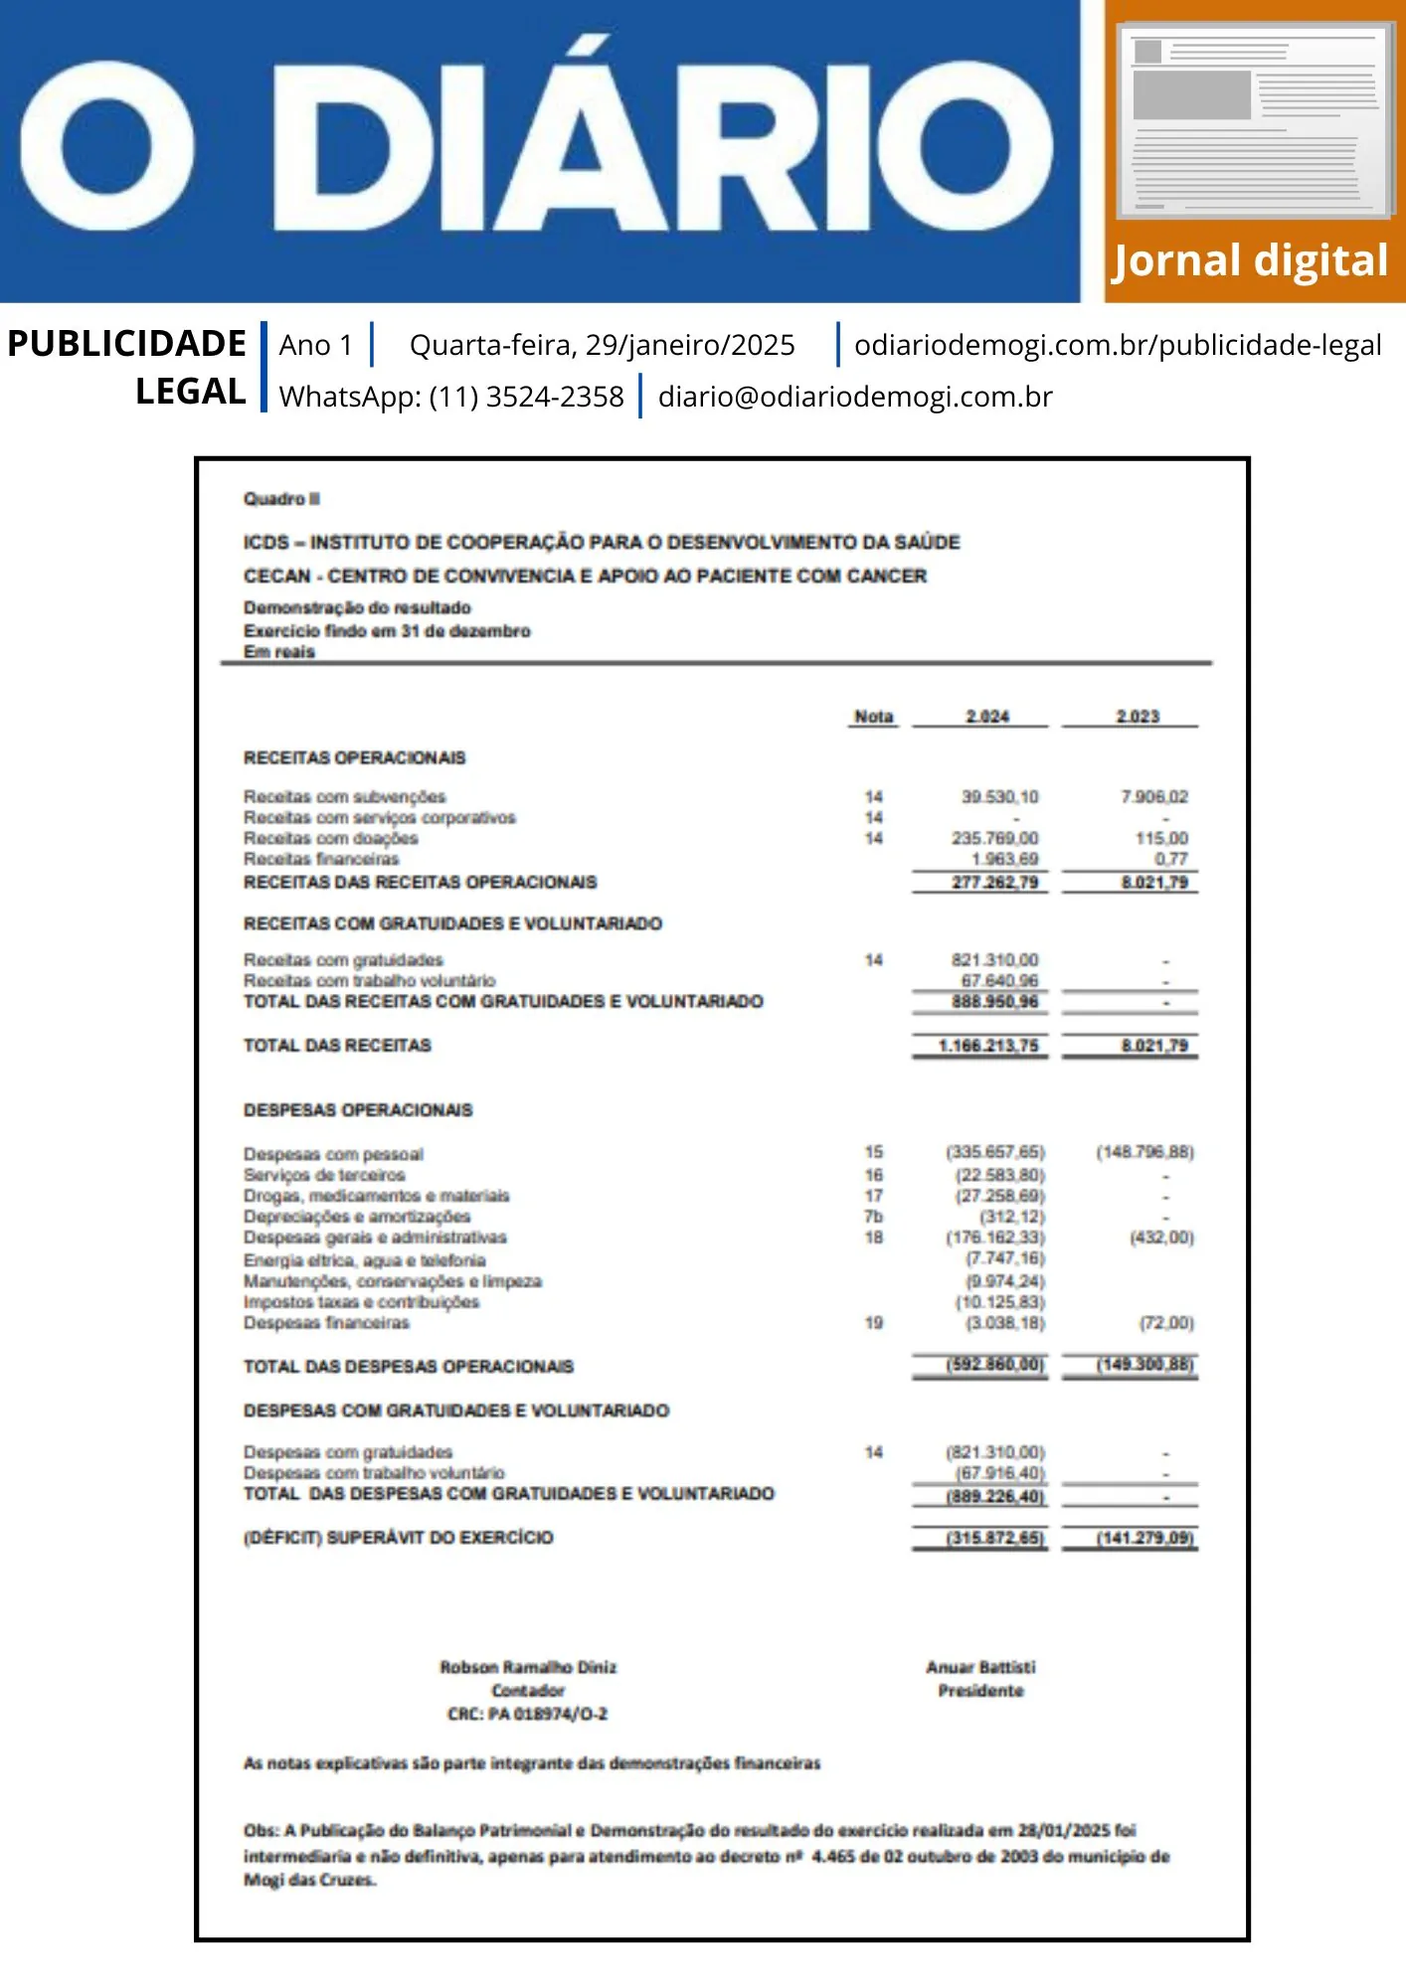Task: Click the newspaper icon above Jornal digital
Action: coord(1256,121)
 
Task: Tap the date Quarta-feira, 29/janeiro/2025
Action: coord(602,345)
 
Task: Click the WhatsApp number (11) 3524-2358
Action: coord(526,397)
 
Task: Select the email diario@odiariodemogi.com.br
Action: coord(854,397)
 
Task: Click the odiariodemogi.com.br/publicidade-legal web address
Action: coord(1118,345)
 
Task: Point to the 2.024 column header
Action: coord(986,717)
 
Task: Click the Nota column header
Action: coord(873,717)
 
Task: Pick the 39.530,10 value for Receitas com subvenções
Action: coord(999,796)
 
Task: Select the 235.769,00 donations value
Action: coord(994,838)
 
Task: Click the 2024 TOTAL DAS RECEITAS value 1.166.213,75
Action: coord(987,1046)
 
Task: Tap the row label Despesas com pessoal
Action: coord(333,1154)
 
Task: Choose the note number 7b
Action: coord(873,1217)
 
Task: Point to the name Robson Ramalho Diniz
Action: coord(528,1667)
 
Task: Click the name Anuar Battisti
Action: coord(980,1667)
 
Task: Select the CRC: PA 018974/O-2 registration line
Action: coord(527,1715)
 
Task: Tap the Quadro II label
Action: coord(281,499)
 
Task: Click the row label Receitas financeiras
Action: coord(321,859)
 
